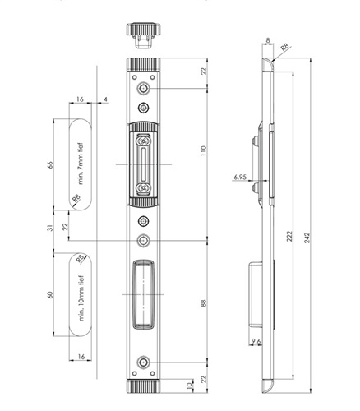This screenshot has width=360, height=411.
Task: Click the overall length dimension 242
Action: point(307,238)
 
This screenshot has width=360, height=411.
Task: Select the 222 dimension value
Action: point(289,236)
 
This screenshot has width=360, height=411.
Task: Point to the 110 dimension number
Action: point(203,150)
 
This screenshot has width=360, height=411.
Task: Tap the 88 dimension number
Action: point(203,303)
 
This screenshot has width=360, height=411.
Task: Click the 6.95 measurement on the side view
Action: point(240,178)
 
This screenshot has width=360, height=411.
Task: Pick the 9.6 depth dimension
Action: point(256,341)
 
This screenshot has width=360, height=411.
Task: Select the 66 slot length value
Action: point(50,164)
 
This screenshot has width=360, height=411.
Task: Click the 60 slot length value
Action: point(50,295)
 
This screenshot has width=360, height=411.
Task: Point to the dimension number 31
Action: point(50,228)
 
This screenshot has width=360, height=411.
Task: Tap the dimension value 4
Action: point(105,99)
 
